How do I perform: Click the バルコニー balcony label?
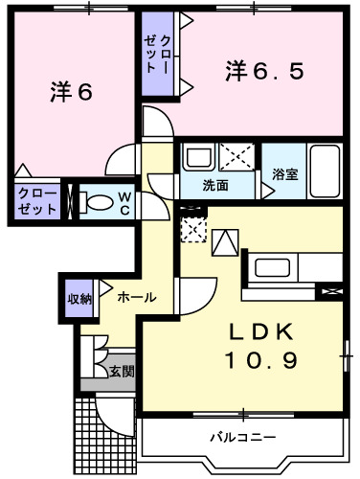[x=243, y=439]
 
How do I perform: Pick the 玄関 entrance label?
[x=120, y=371]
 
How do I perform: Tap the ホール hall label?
[x=137, y=298]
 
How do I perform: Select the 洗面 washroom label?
[x=215, y=185]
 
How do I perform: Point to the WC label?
[x=125, y=202]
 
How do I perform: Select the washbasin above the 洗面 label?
[x=199, y=157]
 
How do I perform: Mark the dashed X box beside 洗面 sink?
[x=236, y=156]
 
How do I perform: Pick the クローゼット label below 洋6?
[x=36, y=201]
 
